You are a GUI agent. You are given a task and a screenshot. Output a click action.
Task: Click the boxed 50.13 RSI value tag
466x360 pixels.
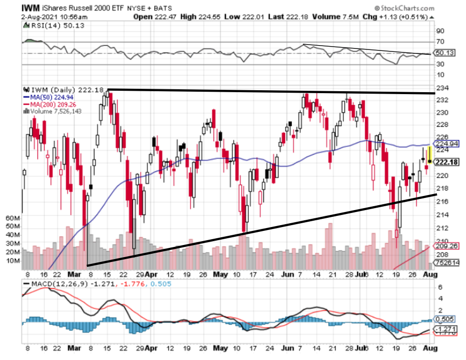pyautogui.click(x=445, y=53)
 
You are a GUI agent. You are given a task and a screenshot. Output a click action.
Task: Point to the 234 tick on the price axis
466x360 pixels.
pyautogui.click(x=441, y=88)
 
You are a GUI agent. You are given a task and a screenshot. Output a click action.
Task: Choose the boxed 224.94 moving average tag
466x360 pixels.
pyautogui.click(x=445, y=144)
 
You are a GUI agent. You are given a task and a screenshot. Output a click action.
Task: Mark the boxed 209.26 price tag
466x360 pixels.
pyautogui.click(x=445, y=246)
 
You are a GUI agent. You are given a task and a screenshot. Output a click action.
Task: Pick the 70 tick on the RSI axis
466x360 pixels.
pyautogui.click(x=441, y=43)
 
